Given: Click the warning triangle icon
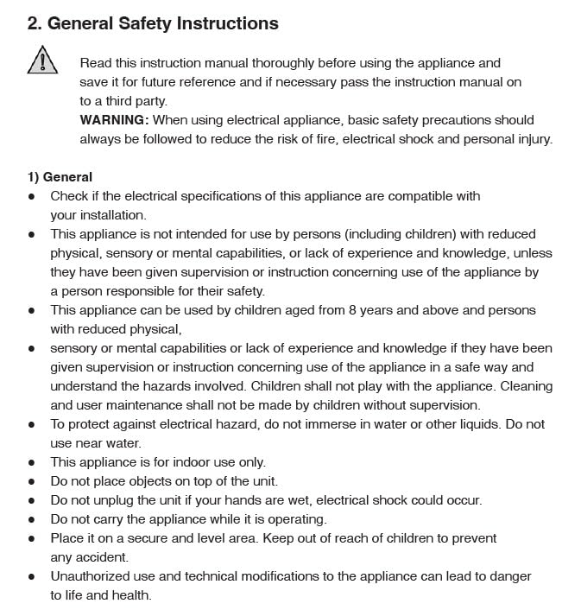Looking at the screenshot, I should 41,60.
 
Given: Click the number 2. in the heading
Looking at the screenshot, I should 35,23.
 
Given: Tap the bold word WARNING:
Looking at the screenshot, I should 114,120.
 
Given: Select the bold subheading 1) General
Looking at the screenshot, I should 60,177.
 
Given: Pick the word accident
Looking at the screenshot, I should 102,557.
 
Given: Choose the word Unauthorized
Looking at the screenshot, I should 92,576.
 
